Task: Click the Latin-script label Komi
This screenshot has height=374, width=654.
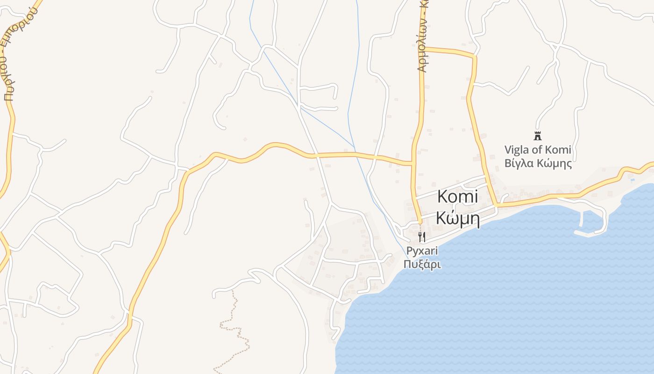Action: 457,197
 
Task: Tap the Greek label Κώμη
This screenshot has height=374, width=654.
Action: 457,218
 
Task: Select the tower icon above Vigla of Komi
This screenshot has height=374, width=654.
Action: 537,136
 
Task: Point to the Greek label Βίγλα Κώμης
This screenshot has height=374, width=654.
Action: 538,164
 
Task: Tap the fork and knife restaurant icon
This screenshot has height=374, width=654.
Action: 422,237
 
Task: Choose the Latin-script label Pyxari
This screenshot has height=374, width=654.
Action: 422,251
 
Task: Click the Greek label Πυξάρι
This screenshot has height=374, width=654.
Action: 422,264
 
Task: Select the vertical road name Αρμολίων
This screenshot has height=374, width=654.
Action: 422,47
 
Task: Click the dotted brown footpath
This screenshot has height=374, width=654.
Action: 236,327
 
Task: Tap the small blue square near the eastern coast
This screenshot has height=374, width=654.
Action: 633,180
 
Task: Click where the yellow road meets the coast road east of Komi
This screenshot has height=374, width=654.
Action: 496,205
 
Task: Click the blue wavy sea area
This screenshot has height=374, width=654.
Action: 514,290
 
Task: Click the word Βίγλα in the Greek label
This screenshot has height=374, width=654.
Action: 519,164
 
